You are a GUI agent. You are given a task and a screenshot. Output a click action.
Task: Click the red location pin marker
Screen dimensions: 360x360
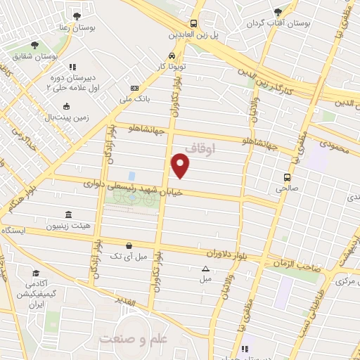[181, 166]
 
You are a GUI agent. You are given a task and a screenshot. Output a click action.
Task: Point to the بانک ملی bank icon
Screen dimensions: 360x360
[134, 88]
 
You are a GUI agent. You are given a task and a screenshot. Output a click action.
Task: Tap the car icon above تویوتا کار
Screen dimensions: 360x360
[172, 56]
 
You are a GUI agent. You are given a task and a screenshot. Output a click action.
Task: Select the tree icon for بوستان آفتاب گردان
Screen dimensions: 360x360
[278, 12]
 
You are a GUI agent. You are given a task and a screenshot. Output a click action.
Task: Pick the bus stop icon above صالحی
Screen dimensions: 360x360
[287, 177]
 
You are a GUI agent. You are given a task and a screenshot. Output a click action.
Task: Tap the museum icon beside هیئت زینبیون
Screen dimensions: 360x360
[67, 214]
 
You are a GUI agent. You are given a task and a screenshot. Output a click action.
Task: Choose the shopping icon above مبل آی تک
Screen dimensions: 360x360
[128, 245]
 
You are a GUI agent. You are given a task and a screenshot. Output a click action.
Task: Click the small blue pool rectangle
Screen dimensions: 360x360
[131, 175]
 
